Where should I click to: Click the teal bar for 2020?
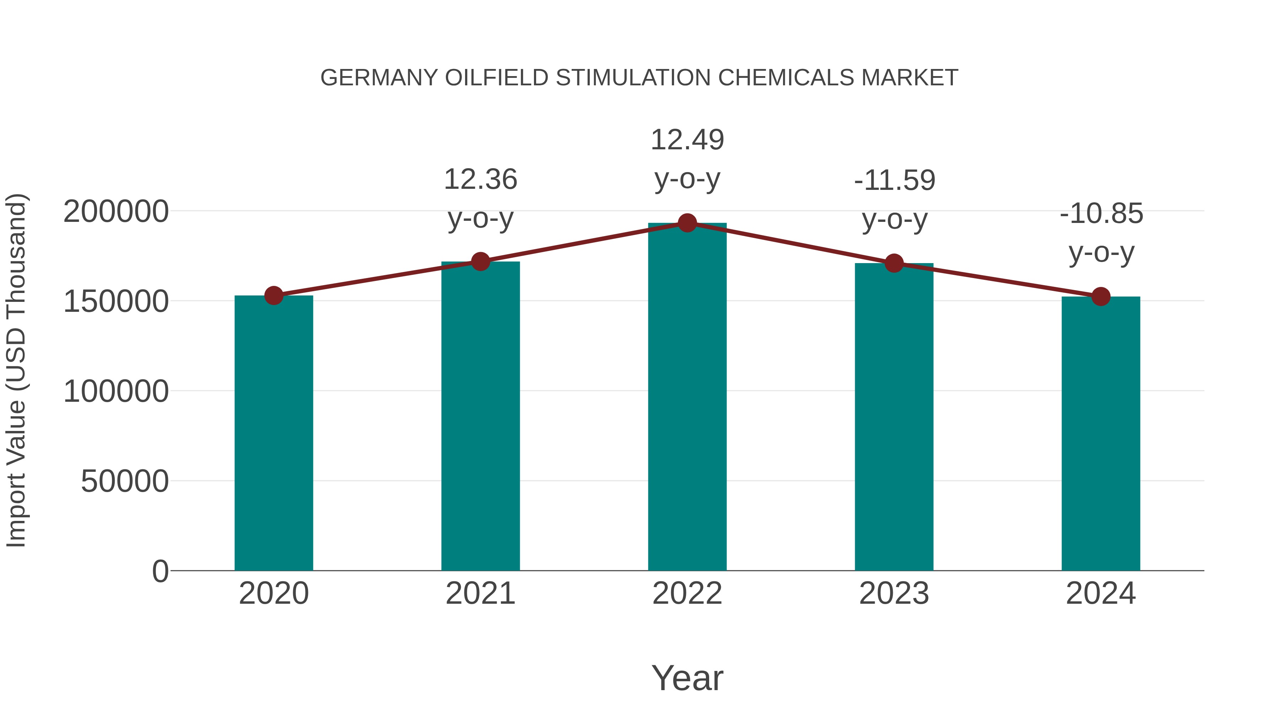click(x=274, y=432)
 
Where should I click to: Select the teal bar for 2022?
click(x=687, y=398)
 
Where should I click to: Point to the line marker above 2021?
click(x=480, y=261)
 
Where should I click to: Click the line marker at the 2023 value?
click(x=894, y=263)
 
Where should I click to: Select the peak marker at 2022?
click(x=687, y=223)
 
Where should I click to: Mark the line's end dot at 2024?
click(x=1101, y=297)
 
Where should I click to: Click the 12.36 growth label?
click(x=480, y=180)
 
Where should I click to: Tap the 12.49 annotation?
click(x=687, y=140)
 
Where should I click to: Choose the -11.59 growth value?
click(x=894, y=180)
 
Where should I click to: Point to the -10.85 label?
click(x=1101, y=214)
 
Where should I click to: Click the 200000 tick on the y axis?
click(x=116, y=212)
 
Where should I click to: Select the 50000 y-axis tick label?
click(x=125, y=481)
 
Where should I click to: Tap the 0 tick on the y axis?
click(x=160, y=571)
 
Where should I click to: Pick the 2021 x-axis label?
click(x=480, y=593)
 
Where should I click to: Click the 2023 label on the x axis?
click(x=894, y=593)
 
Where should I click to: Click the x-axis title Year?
click(x=687, y=678)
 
